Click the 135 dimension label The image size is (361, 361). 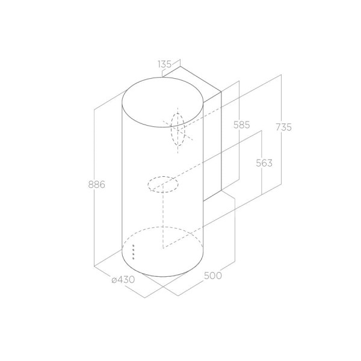tap(165, 64)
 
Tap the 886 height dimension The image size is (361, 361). tap(97, 185)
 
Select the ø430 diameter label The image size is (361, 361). tap(123, 280)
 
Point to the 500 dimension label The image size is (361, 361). tap(213, 276)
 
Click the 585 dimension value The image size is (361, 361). tap(241, 125)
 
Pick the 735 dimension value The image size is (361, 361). tap(283, 128)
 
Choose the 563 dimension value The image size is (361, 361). tap(264, 163)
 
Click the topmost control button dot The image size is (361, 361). tap(134, 246)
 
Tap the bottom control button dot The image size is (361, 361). tap(134, 258)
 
